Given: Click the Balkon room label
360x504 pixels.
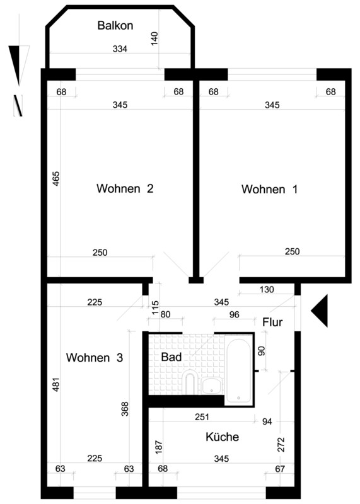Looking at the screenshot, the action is (115, 25).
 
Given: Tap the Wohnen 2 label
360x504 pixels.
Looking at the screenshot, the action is (125, 188).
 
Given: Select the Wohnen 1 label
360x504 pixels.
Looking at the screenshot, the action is (269, 189).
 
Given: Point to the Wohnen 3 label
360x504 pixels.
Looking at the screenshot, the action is (95, 357).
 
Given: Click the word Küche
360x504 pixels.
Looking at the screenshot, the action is (223, 437).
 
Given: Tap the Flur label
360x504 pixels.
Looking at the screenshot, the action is (272, 322).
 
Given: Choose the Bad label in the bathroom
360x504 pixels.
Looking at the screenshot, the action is (171, 357).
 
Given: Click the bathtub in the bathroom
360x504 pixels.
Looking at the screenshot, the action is (239, 370).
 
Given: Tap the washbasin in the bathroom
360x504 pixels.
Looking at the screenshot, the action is (212, 386).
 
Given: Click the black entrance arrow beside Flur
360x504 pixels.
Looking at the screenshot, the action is (319, 311).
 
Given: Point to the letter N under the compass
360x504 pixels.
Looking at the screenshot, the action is (18, 105).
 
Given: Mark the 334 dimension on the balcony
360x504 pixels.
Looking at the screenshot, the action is (120, 49).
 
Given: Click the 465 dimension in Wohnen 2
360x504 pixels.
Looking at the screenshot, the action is (56, 179).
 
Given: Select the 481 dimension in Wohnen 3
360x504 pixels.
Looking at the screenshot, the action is (56, 384).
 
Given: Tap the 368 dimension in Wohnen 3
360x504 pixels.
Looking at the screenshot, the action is (125, 409).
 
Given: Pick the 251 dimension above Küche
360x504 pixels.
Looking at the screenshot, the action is (202, 417).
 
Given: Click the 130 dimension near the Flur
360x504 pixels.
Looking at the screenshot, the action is (267, 290).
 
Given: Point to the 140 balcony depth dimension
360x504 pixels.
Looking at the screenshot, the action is (154, 38).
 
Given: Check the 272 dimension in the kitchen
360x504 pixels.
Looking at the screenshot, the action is (281, 445).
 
